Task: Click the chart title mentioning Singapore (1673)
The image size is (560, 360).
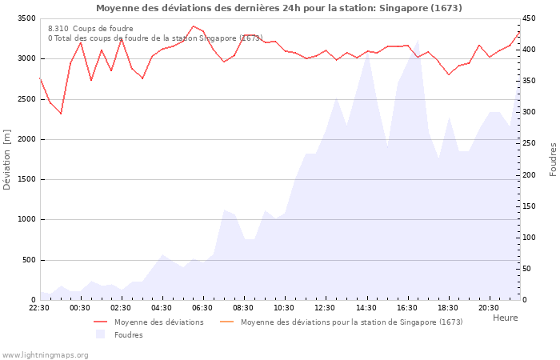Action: click(279, 8)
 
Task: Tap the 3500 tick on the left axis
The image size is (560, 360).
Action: click(26, 18)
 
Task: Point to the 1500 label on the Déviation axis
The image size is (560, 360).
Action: click(26, 180)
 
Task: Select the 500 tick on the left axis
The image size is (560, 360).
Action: click(29, 260)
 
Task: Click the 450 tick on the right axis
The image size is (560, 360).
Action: click(529, 18)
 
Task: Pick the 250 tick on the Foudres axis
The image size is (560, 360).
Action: click(529, 143)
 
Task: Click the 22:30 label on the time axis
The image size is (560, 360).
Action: click(39, 308)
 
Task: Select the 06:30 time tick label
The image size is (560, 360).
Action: click(202, 308)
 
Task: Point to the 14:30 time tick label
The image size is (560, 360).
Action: click(366, 308)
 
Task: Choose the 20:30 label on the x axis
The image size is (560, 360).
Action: click(489, 308)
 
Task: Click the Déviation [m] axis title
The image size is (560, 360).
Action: click(6, 160)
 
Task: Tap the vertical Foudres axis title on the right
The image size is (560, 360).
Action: click(553, 160)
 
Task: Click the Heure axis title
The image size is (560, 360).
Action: click(506, 318)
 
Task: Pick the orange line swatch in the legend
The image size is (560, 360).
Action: click(226, 322)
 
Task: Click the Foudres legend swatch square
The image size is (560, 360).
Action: click(100, 334)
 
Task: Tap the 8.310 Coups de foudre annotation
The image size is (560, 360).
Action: click(90, 29)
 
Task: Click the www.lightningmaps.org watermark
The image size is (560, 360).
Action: click(45, 355)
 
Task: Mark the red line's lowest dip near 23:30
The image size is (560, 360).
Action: click(61, 114)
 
